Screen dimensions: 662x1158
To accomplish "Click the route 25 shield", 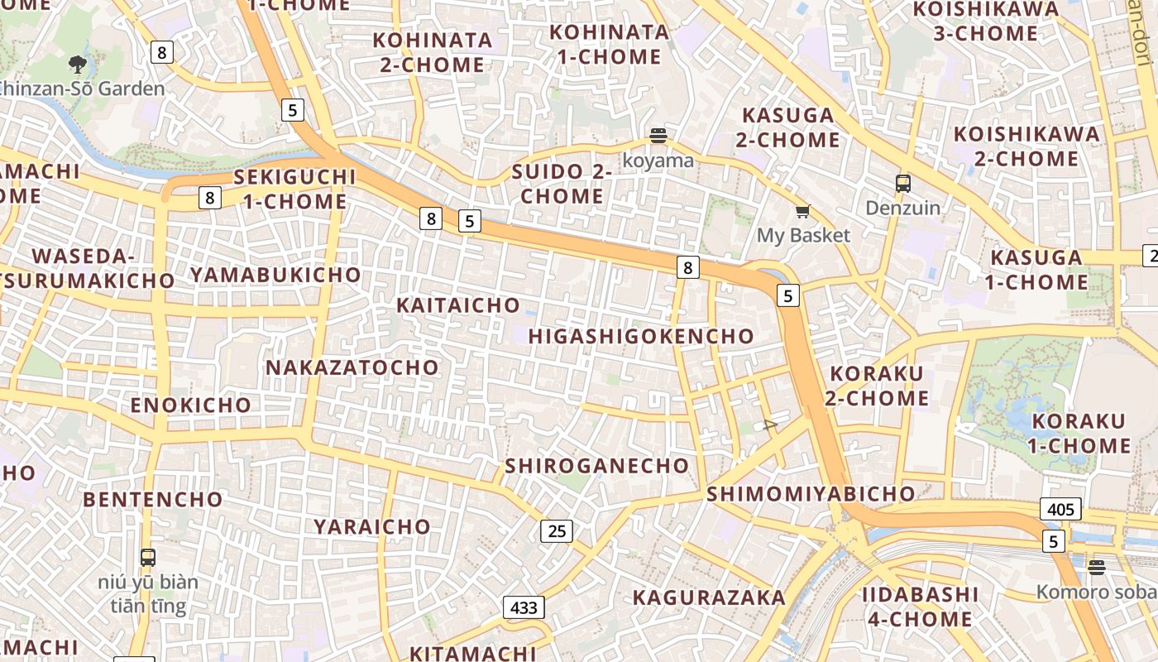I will [x=557, y=530].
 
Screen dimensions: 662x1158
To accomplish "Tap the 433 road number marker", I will [x=524, y=607].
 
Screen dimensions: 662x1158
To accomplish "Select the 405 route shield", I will [x=1060, y=509].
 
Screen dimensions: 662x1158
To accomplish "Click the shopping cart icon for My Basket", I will [x=802, y=212].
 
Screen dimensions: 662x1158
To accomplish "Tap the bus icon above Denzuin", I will [x=902, y=184].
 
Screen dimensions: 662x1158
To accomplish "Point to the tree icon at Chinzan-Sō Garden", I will [x=78, y=64].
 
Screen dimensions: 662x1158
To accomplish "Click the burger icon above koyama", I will [x=658, y=136].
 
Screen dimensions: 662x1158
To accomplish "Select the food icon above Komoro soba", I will [x=1096, y=568].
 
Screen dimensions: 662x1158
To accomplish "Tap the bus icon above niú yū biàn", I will [x=148, y=558].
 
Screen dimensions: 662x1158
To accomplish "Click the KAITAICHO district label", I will [x=458, y=305].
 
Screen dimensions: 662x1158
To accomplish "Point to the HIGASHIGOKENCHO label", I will [x=641, y=336].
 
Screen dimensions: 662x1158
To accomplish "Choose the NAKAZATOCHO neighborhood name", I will [x=352, y=367].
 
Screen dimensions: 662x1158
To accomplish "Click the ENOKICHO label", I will [x=191, y=405].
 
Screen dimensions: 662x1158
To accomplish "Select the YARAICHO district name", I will [x=372, y=526].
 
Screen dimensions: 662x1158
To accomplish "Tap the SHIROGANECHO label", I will [x=597, y=466].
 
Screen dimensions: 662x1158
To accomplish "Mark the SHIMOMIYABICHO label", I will [x=811, y=494].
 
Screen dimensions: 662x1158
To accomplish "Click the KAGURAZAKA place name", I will [x=709, y=597].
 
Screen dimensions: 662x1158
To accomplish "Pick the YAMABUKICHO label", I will [x=276, y=275].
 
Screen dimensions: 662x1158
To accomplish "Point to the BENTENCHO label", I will [x=153, y=500].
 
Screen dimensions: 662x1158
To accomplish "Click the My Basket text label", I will [x=803, y=236].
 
